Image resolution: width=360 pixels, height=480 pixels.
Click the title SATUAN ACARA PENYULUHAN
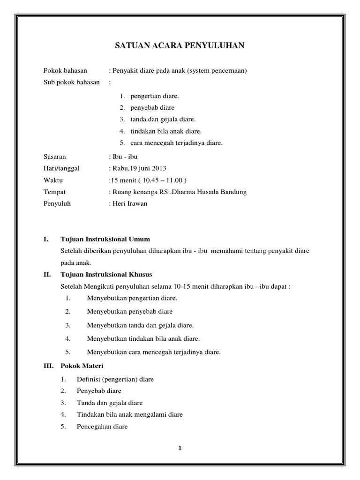[180, 46]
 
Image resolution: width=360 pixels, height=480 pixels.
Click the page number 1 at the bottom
[180, 448]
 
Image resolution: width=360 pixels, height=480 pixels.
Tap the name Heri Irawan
[129, 204]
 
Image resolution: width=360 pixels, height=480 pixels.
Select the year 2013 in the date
[158, 168]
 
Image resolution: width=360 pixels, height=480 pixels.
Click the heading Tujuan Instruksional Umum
[105, 240]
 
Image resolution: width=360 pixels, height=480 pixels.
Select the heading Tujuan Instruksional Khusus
[106, 274]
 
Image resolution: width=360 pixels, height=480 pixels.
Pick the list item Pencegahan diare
[102, 427]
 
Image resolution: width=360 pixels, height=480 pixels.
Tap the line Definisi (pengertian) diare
[115, 379]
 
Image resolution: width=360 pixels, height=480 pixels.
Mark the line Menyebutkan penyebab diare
[129, 311]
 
